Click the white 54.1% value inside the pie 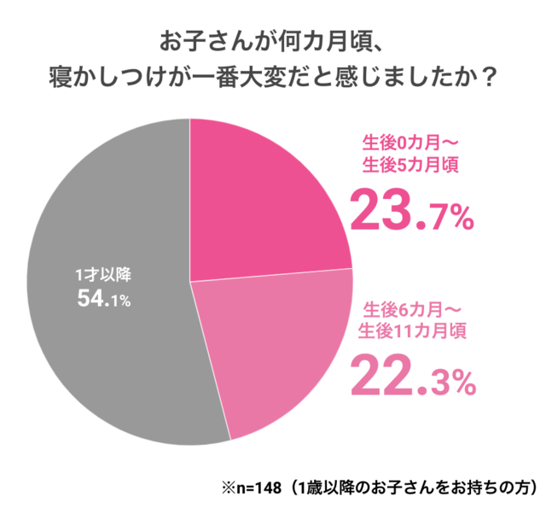pyautogui.click(x=102, y=300)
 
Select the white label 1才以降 pyautogui.click(x=102, y=276)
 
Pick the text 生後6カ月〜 pyautogui.click(x=413, y=307)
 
